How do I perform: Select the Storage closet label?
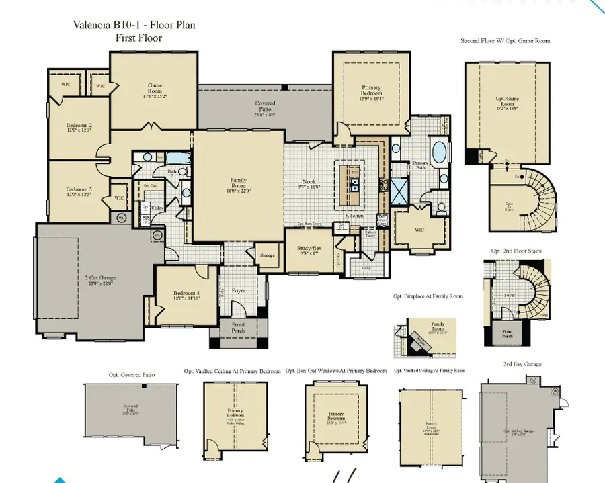pos(266,255)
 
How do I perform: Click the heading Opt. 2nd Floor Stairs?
pos(516,251)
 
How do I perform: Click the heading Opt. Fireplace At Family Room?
pos(428,296)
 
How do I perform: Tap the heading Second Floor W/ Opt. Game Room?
pos(505,41)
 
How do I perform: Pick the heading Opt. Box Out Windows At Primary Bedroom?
pos(336,371)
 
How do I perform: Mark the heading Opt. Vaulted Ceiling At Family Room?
pos(430,371)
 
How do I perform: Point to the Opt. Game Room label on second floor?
pos(508,101)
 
